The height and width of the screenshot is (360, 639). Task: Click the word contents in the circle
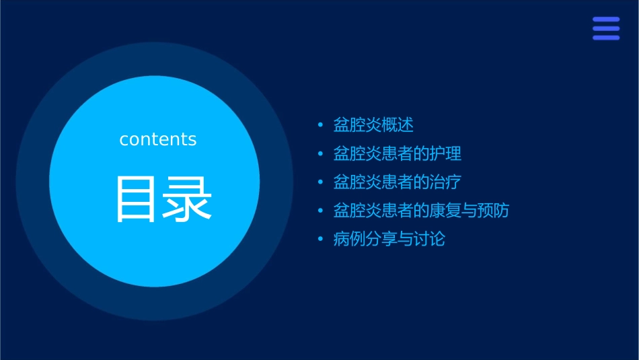158,139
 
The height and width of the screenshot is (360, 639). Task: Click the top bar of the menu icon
606,20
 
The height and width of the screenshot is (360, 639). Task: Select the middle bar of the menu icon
606,28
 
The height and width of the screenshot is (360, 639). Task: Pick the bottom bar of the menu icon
606,38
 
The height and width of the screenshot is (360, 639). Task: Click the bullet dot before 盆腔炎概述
320,125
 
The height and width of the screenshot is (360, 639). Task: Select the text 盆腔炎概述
373,125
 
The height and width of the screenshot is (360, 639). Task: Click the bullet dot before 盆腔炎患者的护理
320,154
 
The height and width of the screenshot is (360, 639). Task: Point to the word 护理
446,153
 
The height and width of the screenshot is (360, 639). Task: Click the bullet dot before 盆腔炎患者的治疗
320,182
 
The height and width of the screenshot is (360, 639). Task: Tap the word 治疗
446,182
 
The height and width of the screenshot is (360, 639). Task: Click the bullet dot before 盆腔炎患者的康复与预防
320,211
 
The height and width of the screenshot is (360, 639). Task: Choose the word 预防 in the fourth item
494,211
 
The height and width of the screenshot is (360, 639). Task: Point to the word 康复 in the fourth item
446,211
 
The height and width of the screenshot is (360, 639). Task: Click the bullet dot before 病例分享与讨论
320,240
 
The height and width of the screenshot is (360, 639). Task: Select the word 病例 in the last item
349,239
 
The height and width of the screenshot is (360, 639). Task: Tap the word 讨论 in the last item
429,239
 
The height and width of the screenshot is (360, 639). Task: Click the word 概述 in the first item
397,125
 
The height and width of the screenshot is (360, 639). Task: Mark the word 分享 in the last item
381,239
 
